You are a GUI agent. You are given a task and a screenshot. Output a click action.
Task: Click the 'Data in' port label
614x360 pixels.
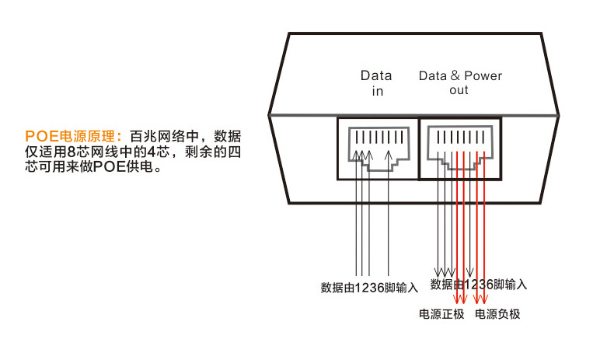(x=376, y=83)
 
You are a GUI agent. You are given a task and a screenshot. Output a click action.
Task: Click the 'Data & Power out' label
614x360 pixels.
(x=460, y=83)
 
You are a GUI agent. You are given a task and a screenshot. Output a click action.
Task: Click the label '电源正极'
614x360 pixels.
(x=441, y=314)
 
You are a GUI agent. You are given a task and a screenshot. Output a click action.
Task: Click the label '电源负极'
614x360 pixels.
(x=497, y=314)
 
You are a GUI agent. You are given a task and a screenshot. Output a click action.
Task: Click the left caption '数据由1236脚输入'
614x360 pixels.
(x=369, y=287)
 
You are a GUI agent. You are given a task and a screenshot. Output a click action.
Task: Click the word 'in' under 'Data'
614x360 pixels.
(x=377, y=91)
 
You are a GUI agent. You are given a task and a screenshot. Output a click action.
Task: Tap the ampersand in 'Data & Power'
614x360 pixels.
(x=454, y=76)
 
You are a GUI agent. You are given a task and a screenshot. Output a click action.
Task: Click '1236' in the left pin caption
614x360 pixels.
(x=369, y=287)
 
